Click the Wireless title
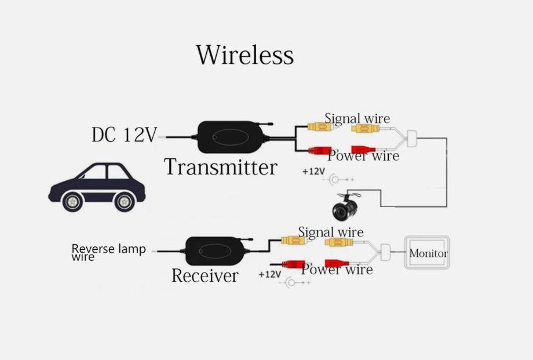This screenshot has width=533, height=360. point(244,55)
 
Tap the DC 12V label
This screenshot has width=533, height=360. point(124,135)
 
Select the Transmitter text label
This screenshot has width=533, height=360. point(221,167)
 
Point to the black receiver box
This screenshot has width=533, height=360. point(214,250)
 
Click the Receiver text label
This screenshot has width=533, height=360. point(205,275)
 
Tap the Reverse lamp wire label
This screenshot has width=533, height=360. point(108,252)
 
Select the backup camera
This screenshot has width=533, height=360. point(345,209)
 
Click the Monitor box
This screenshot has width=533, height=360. point(428,253)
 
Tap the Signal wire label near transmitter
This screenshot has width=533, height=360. point(357,118)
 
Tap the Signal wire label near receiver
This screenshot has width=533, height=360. point(331,232)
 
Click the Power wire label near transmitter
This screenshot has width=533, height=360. point(363,155)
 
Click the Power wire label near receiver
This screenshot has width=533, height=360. point(337,269)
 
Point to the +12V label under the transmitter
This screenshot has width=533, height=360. point(313,172)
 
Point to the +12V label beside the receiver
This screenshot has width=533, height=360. point(269,274)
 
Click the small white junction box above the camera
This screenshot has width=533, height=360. point(412,138)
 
